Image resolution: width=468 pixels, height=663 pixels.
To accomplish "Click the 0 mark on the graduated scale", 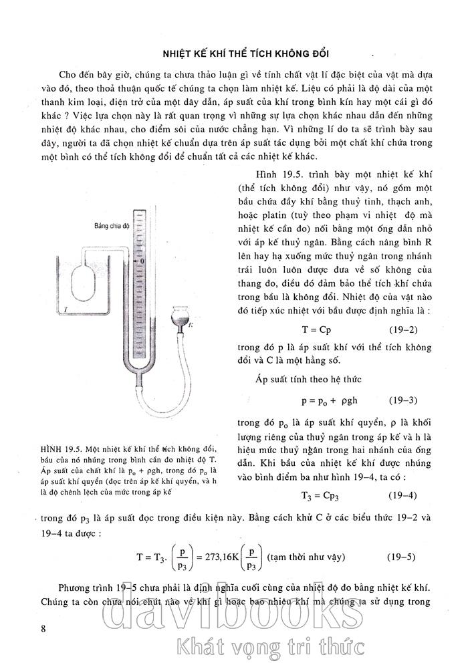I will tap(142, 260).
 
